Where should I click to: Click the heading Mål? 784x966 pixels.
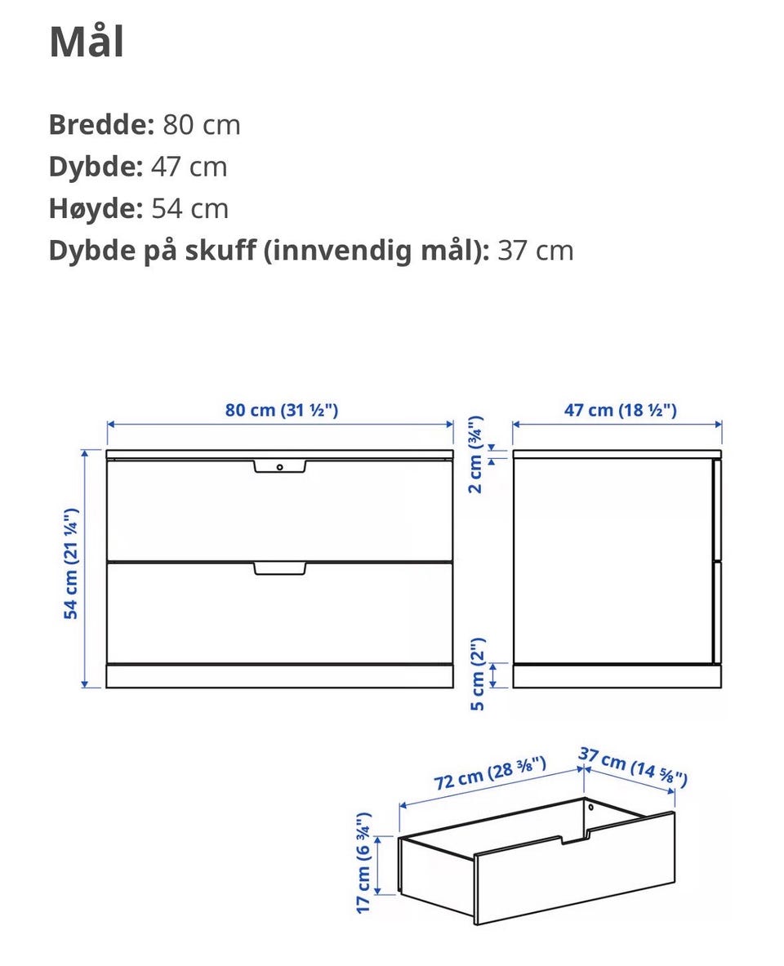coord(87,42)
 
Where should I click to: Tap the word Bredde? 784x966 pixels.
coord(100,125)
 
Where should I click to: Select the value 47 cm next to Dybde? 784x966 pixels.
coord(189,167)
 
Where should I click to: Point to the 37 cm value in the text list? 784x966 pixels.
coord(535,250)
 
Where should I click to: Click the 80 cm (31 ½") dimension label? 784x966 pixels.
coord(282,409)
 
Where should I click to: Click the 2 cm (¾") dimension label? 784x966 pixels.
coord(475,456)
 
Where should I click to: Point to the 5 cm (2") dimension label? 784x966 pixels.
coord(478,674)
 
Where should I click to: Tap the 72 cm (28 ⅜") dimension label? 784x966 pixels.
coord(490,773)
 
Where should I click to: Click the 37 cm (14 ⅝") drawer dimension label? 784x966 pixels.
coord(633,767)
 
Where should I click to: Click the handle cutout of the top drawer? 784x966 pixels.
coord(279,466)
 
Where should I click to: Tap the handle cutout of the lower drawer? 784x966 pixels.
coord(279,568)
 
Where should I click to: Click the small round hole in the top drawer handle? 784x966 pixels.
coord(279,467)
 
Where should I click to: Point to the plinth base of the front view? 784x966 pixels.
coord(279,676)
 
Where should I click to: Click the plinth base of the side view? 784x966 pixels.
coord(617,676)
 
